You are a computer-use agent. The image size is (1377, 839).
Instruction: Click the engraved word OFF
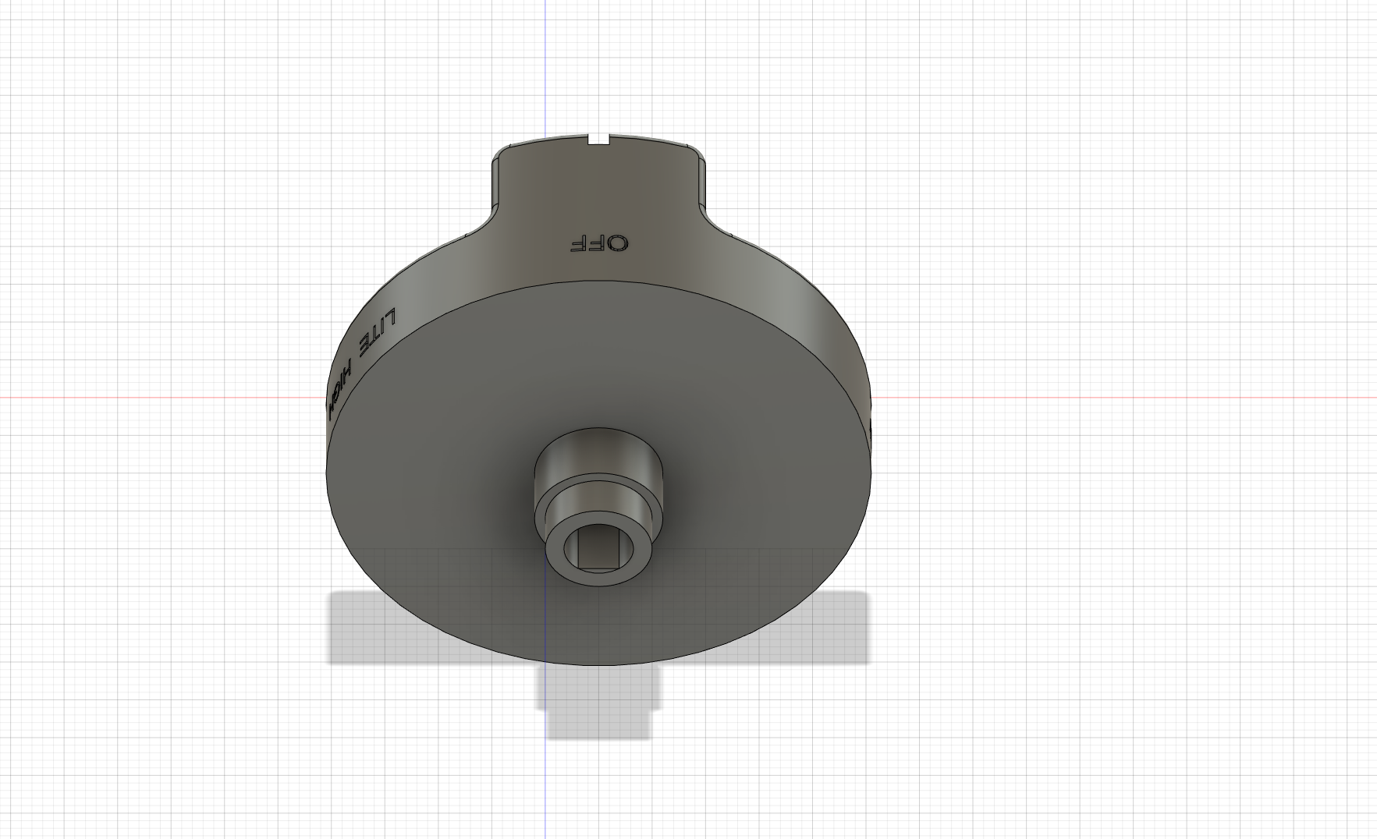coord(598,243)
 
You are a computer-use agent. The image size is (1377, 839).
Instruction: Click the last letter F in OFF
coord(579,243)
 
